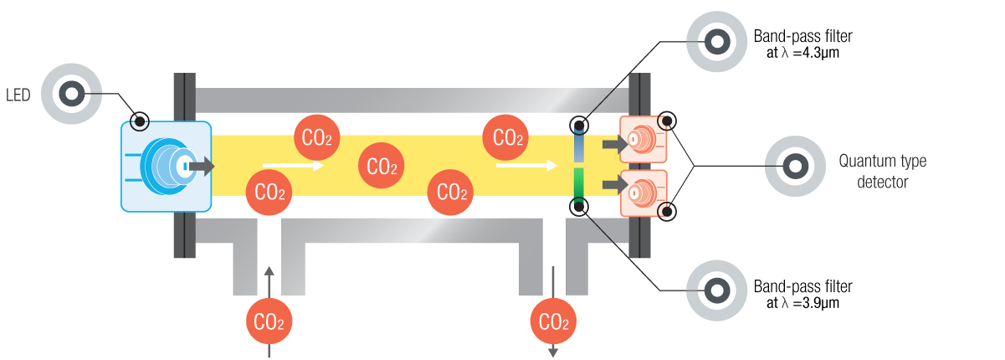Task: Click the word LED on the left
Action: pyautogui.click(x=18, y=95)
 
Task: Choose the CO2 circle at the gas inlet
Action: pyautogui.click(x=269, y=321)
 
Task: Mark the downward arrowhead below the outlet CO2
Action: pyautogui.click(x=552, y=352)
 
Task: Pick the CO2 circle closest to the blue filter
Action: pyautogui.click(x=508, y=137)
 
